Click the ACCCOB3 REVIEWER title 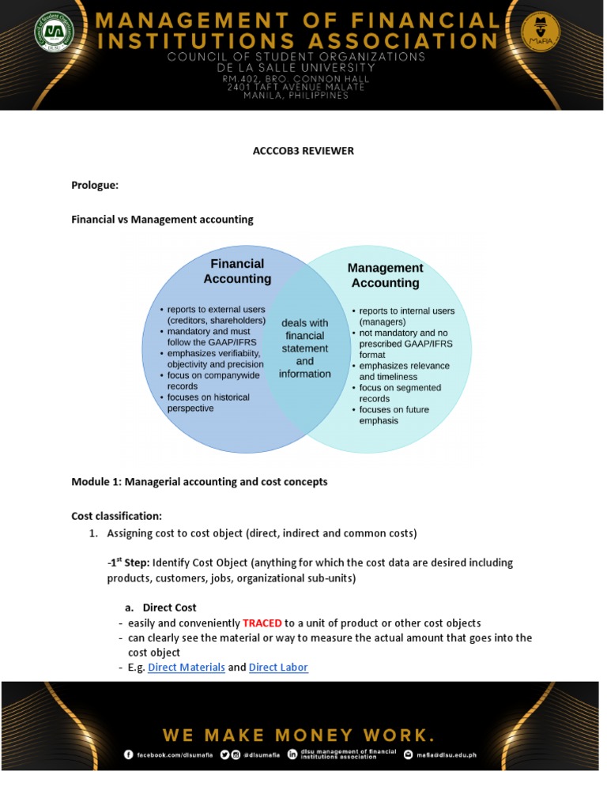coord(303,150)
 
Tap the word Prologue coord(94,185)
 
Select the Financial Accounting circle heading coord(237,271)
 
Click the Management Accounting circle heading coord(386,275)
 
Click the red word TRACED coord(262,623)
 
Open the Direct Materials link coord(187,668)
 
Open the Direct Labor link coord(278,668)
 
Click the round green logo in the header coord(54,32)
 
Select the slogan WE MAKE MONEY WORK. coord(300,736)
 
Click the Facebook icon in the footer coord(129,755)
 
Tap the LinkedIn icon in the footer coord(292,755)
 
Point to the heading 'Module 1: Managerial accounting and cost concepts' coord(199,481)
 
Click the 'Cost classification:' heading coord(116,516)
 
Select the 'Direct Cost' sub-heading coord(169,608)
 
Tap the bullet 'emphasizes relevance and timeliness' coord(404,371)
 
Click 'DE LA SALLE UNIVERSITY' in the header coord(303,68)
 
